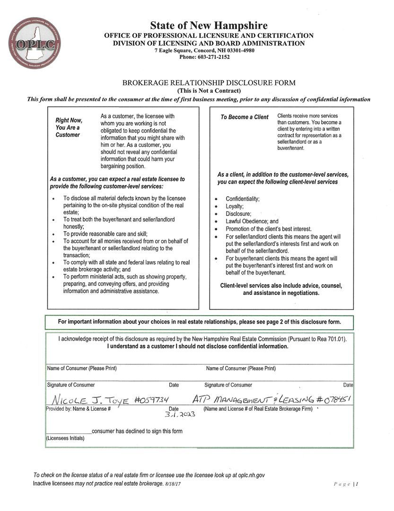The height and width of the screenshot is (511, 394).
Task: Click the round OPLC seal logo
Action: (x=35, y=43)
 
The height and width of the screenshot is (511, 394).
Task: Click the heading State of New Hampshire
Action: (x=209, y=26)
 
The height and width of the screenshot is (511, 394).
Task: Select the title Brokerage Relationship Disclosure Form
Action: (x=209, y=83)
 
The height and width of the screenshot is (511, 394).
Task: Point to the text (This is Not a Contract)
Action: (x=209, y=90)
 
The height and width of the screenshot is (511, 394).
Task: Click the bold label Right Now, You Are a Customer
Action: (x=69, y=128)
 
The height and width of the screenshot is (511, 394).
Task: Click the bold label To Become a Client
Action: (x=244, y=117)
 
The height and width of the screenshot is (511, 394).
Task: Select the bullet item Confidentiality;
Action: (x=242, y=199)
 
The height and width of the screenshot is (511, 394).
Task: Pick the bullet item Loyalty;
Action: (x=235, y=206)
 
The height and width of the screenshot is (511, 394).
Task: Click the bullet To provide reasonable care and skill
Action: (x=105, y=234)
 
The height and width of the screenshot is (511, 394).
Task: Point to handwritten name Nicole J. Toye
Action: (x=89, y=400)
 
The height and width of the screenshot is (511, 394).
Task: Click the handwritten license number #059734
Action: (x=151, y=400)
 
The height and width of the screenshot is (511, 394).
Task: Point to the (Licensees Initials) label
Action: (x=65, y=439)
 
